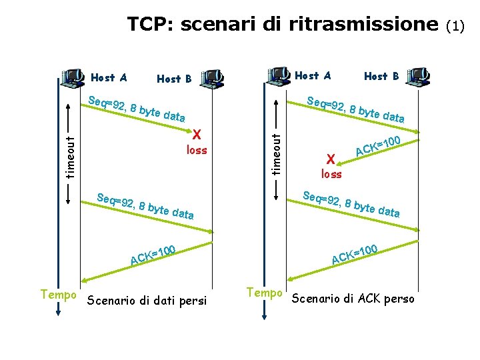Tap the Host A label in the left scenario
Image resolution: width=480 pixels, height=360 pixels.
pos(109,77)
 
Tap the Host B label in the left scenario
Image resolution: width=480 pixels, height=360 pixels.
pos(174,79)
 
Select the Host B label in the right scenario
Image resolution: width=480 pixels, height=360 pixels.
pos(381,76)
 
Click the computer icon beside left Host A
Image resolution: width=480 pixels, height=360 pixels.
pos(71,79)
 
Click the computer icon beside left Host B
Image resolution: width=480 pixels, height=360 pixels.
pos(212,79)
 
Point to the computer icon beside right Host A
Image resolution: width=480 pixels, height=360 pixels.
pos(277,77)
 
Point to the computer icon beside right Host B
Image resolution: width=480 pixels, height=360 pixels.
pos(418,76)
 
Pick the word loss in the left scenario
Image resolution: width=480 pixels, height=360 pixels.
pos(197,150)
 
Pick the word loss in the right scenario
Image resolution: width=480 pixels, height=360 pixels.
pos(331,174)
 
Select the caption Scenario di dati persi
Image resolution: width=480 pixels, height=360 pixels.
pos(148,299)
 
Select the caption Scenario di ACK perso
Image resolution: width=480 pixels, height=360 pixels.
pos(353,298)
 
